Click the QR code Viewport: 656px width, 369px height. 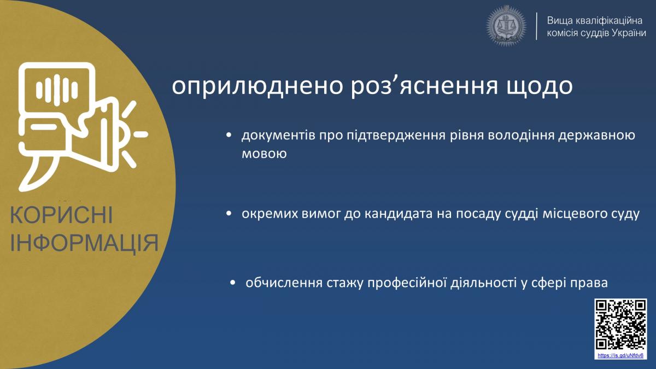pyautogui.click(x=620, y=325)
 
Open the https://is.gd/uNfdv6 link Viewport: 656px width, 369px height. pyautogui.click(x=620, y=355)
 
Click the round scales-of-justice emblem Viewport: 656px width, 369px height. pyautogui.click(x=506, y=26)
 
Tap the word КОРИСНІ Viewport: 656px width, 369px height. pyautogui.click(x=61, y=215)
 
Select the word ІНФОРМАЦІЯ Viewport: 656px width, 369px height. pyautogui.click(x=84, y=243)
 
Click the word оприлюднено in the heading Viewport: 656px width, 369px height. pyautogui.click(x=257, y=86)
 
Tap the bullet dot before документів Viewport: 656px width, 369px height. pyautogui.click(x=229, y=135)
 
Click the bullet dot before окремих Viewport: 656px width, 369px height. pyautogui.click(x=229, y=214)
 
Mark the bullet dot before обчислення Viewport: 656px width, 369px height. pyautogui.click(x=233, y=283)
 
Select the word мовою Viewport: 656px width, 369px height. pyautogui.click(x=264, y=154)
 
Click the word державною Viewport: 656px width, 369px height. pyautogui.click(x=596, y=136)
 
